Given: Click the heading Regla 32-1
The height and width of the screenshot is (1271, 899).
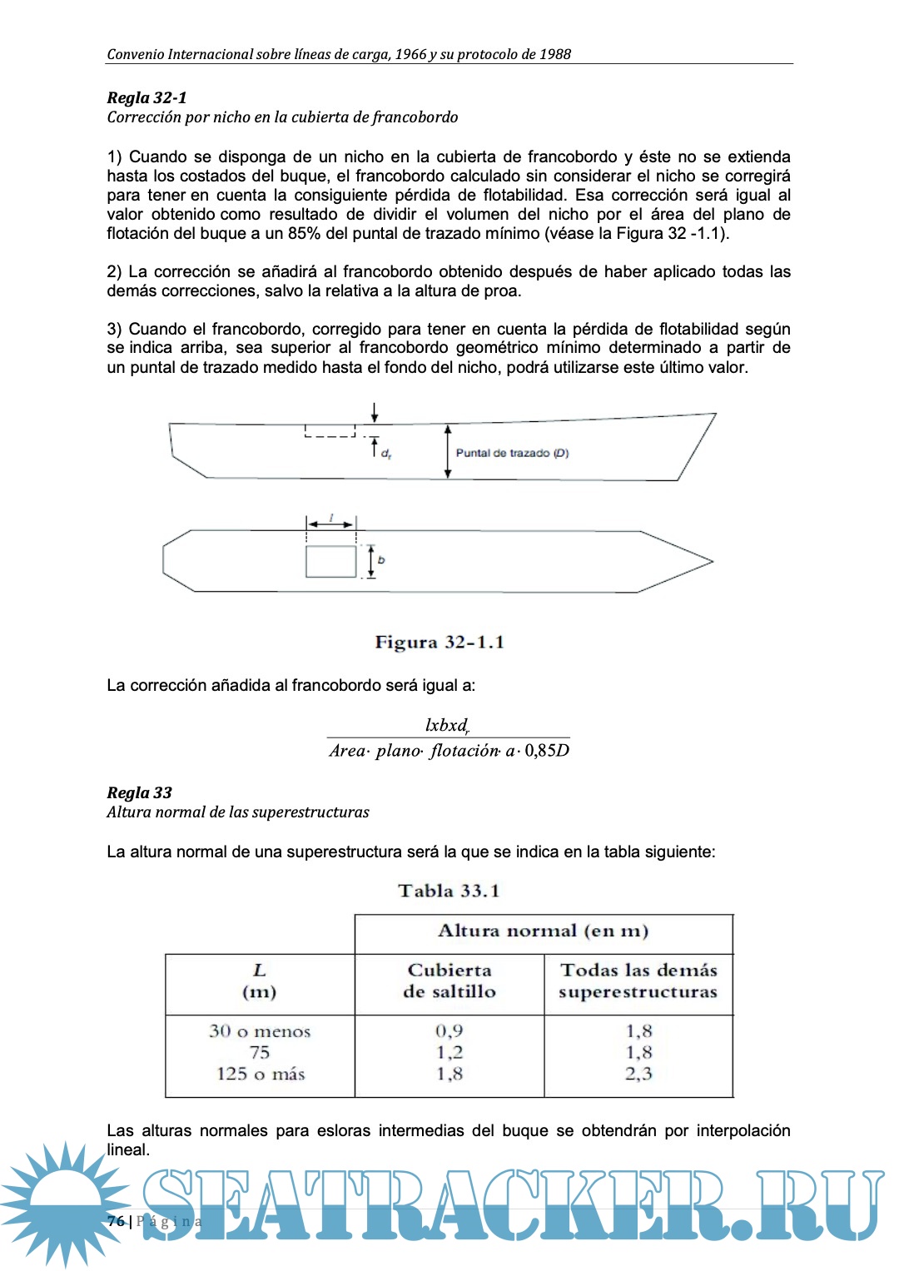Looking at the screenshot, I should [147, 97].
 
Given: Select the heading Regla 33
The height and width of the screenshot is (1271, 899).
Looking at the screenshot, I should [139, 792].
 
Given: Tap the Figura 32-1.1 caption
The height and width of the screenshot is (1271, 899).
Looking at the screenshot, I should [440, 642].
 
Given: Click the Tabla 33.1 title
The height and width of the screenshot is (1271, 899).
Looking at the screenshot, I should [449, 891].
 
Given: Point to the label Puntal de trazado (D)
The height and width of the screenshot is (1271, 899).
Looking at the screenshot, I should [512, 453].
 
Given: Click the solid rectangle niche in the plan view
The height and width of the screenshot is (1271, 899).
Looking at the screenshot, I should [330, 562].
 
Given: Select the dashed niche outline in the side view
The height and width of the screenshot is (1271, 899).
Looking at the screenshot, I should [330, 431].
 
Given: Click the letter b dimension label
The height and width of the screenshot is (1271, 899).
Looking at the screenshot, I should [381, 560].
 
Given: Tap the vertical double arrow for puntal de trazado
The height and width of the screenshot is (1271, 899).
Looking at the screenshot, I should [448, 451].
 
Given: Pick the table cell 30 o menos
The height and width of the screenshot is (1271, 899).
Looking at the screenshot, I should [260, 1031].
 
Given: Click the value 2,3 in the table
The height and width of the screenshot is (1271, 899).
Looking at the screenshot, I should [638, 1074].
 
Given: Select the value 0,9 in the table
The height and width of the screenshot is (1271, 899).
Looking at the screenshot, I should [449, 1031].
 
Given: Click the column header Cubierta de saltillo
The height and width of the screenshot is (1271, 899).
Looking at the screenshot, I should [449, 981].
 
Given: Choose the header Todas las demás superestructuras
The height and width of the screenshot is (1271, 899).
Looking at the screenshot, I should [638, 981].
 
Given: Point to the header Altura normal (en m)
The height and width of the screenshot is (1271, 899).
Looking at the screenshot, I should [543, 931].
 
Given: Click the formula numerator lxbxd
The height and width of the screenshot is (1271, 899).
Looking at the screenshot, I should [447, 725].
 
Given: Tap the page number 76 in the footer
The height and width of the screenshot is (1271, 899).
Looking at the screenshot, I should [116, 1221].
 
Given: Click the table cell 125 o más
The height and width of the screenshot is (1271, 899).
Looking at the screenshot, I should [260, 1074].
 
